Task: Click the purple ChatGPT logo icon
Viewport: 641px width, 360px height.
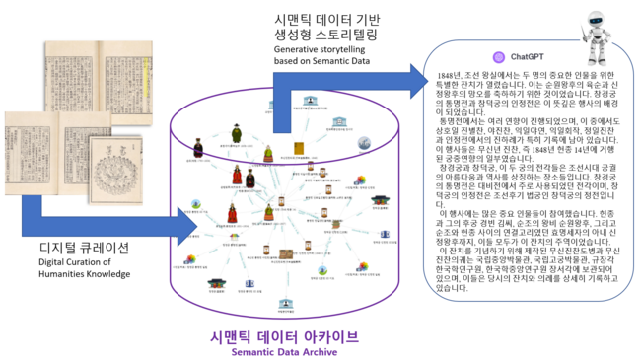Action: (x=499, y=57)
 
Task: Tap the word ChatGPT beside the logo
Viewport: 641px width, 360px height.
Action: (x=528, y=57)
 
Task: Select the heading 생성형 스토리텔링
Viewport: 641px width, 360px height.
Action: (x=324, y=35)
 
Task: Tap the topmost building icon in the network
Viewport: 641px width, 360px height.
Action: (x=310, y=101)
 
